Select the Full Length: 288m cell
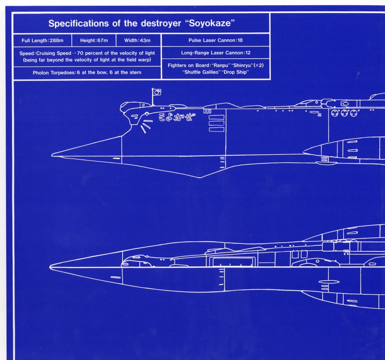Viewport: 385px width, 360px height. pyautogui.click(x=42, y=40)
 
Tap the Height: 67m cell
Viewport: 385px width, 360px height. pyautogui.click(x=94, y=40)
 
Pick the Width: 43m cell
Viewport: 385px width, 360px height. pyautogui.click(x=137, y=40)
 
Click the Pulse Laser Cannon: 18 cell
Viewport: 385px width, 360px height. pyautogui.click(x=215, y=40)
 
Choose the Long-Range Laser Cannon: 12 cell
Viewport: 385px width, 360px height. pyautogui.click(x=215, y=53)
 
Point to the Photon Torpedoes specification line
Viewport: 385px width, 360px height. pyautogui.click(x=87, y=72)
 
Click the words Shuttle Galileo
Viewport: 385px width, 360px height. pyautogui.click(x=200, y=72)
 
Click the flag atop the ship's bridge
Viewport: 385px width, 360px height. pyautogui.click(x=157, y=92)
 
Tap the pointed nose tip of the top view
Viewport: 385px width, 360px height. pyautogui.click(x=51, y=267)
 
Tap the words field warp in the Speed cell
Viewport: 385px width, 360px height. pyautogui.click(x=138, y=60)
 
